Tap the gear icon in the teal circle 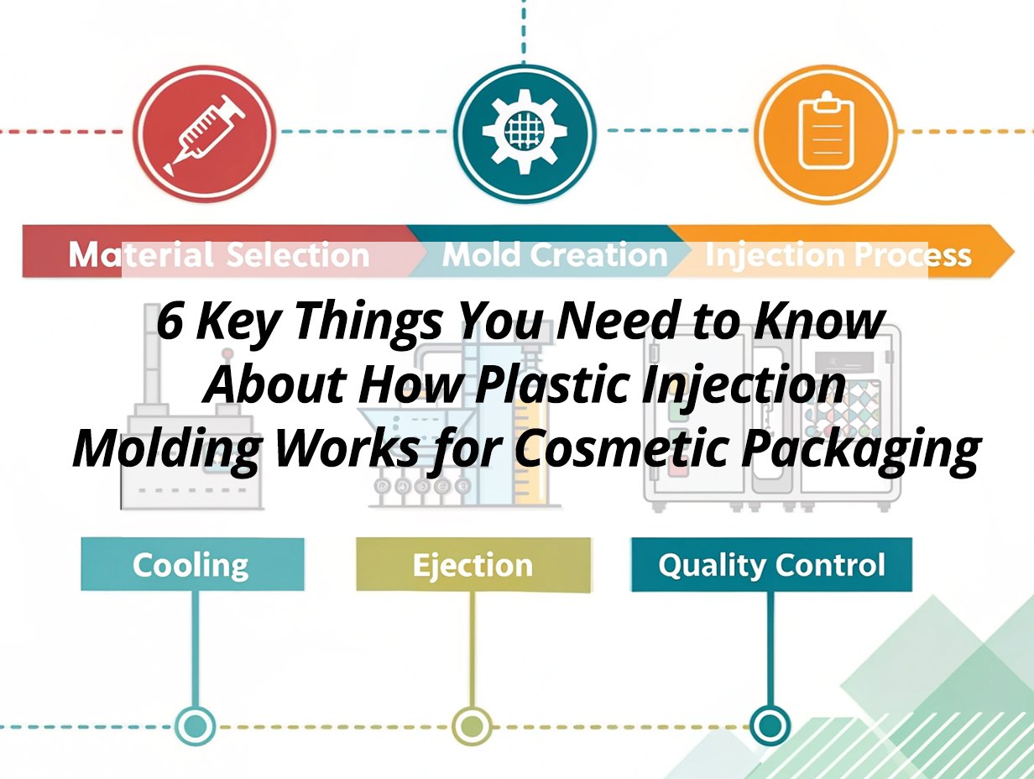525,132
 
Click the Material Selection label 219,255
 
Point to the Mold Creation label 555,255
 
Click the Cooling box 192,564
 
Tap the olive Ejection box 473,564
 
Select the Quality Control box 771,564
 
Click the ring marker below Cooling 195,725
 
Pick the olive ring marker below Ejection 472,725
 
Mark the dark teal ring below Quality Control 770,725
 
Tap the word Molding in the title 167,451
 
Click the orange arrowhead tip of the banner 1013,252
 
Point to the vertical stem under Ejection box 472,649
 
